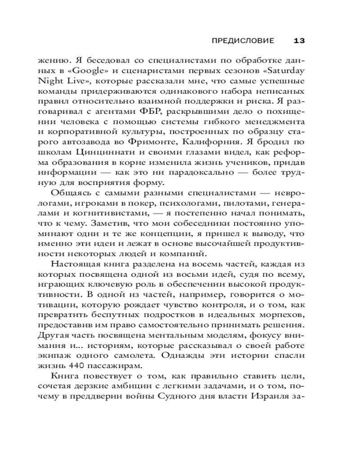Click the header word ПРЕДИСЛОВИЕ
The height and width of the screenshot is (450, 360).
click(x=243, y=41)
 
